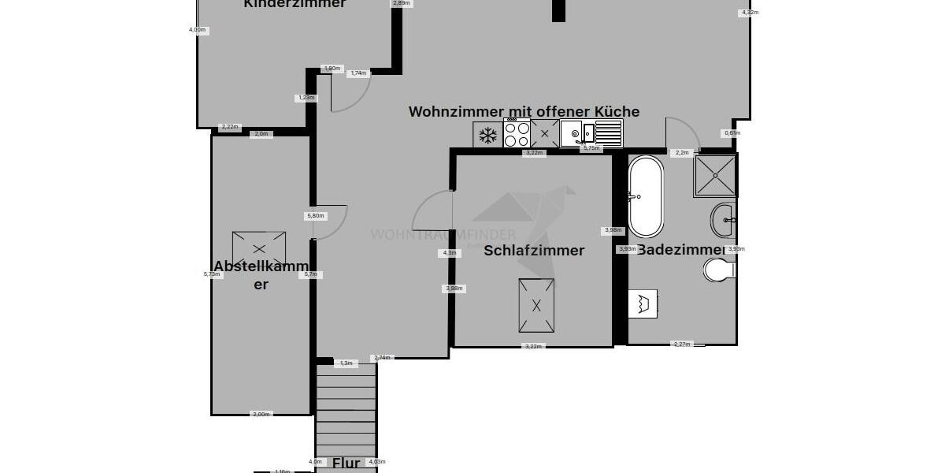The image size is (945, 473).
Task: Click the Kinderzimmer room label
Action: (295, 4)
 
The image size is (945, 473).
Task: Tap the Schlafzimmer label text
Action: (534, 251)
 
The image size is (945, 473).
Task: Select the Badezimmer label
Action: (680, 250)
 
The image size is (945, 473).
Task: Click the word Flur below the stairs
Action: (346, 463)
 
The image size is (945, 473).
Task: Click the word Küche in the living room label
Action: (617, 112)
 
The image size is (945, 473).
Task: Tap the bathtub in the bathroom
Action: (646, 197)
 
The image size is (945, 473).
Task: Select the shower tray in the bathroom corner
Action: (715, 175)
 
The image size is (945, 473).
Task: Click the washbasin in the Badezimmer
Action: (722, 220)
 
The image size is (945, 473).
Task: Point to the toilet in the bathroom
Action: (719, 270)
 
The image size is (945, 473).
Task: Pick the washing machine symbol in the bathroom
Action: (643, 304)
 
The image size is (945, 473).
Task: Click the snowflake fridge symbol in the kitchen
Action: (487, 135)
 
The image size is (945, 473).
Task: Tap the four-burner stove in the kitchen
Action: (517, 134)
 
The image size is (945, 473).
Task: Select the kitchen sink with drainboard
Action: (591, 133)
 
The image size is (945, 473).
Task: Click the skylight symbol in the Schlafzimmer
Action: (535, 305)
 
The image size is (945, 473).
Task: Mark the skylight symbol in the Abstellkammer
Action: (259, 249)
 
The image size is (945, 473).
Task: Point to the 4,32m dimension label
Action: (750, 13)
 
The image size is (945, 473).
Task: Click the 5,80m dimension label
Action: (315, 215)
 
